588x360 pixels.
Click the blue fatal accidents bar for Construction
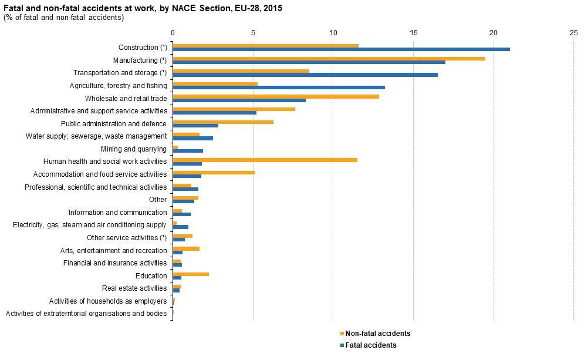(341, 49)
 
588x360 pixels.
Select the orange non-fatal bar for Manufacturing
(329, 58)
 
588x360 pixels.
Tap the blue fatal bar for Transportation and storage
(305, 75)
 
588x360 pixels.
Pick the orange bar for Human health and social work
(265, 160)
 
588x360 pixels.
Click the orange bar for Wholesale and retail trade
(276, 96)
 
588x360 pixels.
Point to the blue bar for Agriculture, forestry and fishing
(279, 88)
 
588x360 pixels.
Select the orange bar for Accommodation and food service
(214, 173)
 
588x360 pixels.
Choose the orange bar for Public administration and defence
(223, 122)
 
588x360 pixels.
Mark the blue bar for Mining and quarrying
(188, 151)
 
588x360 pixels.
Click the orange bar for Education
(191, 274)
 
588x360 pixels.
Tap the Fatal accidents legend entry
(370, 345)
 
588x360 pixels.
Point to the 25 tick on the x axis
(573, 33)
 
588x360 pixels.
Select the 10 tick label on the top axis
(333, 33)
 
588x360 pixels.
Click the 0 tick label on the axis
(173, 33)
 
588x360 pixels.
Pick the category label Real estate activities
(134, 288)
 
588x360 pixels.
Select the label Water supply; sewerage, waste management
(97, 136)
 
